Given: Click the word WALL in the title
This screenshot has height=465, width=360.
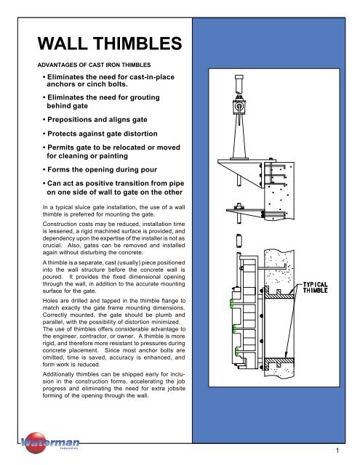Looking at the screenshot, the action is coord(63,44).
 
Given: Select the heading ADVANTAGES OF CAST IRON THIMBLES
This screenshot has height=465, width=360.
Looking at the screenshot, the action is coord(94,65).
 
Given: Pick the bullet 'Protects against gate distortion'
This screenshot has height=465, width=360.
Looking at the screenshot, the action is coord(100,134).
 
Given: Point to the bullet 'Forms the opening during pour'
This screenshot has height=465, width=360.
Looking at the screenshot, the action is coord(100,169).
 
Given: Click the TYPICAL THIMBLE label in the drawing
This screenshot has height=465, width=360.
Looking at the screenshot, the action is coord(315,288).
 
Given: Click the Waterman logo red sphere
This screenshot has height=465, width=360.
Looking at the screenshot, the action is coord(36,442).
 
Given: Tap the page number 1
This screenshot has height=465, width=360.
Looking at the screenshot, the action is coord(337,450).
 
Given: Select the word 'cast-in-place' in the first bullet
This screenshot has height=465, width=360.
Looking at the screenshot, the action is coord(151,77).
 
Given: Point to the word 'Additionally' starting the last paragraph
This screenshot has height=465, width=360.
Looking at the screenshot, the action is coord(58,374).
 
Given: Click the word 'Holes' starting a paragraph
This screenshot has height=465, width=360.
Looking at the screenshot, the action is coord(50,301).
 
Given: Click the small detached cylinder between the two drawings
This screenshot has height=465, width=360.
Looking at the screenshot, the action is coord(239,240).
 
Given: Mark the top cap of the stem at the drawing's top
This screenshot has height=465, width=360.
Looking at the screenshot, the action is coord(239,77).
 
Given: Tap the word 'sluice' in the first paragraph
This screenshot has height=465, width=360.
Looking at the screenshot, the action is coord(82,207).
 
